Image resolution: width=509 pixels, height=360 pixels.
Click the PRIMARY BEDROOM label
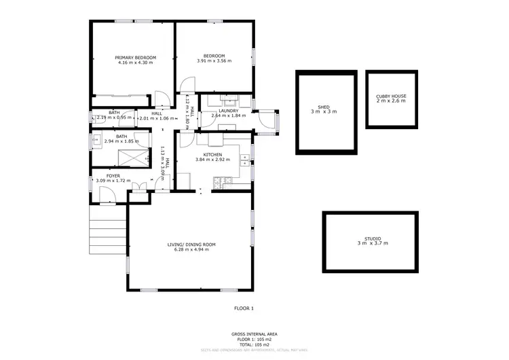(x=136, y=58)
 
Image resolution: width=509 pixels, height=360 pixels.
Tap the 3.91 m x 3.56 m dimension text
(x=214, y=61)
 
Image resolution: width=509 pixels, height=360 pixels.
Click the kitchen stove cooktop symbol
(x=221, y=181)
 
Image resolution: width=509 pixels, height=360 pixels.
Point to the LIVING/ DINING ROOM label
(x=191, y=245)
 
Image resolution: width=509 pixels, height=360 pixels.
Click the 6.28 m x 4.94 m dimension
(x=191, y=250)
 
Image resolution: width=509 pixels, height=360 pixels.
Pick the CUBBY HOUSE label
(x=391, y=96)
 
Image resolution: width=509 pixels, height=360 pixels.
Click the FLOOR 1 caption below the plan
(x=244, y=308)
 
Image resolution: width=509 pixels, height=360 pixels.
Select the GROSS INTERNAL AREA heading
(x=254, y=334)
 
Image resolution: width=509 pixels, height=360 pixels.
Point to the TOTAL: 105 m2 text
(x=254, y=344)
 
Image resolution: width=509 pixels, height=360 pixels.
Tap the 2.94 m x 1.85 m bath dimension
(x=121, y=141)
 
